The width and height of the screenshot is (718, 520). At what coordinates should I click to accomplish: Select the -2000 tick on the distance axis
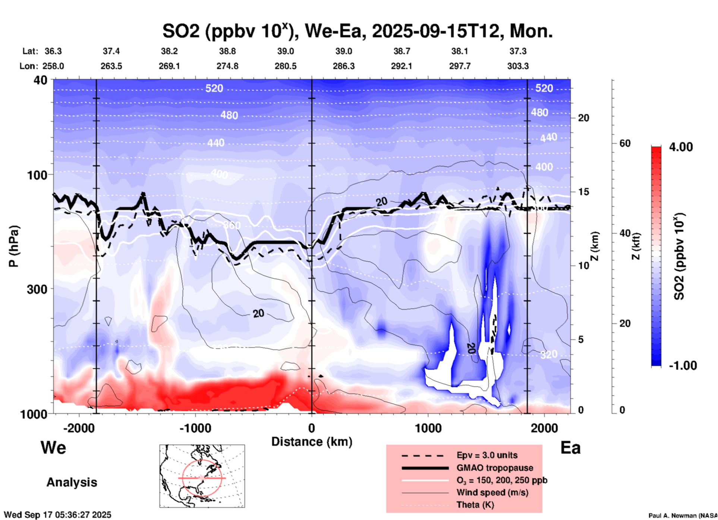[79, 428]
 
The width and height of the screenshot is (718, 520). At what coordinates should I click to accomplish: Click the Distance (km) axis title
[312, 442]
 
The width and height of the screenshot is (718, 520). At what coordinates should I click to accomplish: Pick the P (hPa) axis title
[14, 246]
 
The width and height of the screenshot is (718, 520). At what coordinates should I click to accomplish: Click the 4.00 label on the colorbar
[681, 147]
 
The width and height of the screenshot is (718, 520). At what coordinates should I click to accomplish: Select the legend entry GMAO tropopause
[495, 468]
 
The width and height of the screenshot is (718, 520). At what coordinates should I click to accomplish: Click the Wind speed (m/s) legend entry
[492, 492]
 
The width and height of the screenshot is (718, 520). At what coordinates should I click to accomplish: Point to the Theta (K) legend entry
[475, 505]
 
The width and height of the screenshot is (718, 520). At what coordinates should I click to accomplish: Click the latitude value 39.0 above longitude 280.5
[285, 51]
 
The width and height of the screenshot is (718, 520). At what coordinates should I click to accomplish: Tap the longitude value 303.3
[518, 66]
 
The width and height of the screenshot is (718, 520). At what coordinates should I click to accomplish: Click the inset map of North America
[202, 476]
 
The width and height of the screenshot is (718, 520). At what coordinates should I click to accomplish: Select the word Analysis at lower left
[72, 482]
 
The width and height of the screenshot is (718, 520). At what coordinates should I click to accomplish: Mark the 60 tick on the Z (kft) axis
[625, 144]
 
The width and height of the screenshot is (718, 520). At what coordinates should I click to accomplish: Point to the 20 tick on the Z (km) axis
[583, 118]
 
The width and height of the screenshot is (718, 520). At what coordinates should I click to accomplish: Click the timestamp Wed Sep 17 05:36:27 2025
[57, 515]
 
